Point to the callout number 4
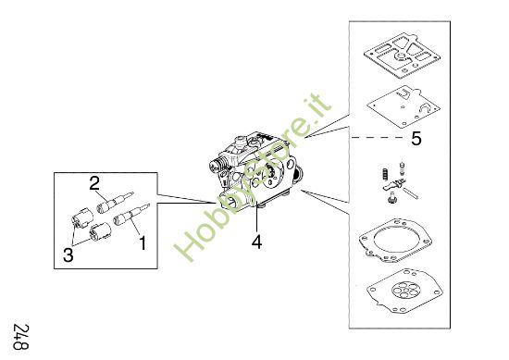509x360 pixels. coord(256,243)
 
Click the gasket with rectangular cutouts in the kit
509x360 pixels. coord(403,53)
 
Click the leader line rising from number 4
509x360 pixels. coord(255,220)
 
